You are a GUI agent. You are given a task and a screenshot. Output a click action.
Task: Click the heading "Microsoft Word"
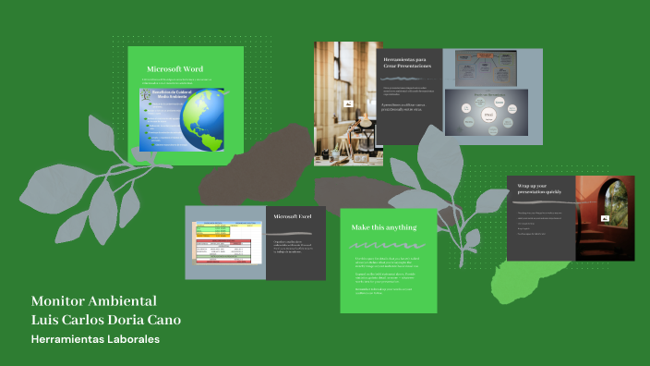(x=175, y=69)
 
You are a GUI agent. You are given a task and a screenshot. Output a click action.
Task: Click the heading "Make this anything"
(x=384, y=227)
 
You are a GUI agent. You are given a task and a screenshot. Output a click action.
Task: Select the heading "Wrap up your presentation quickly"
(x=539, y=189)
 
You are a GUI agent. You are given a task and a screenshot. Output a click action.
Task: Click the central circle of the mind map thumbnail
(x=488, y=116)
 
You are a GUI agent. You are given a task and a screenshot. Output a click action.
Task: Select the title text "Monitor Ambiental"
(x=94, y=301)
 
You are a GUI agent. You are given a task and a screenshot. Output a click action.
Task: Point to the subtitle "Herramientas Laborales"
(x=96, y=340)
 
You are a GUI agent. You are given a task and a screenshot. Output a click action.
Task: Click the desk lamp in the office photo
(x=355, y=129)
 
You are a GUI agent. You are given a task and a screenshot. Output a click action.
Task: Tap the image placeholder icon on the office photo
(x=347, y=105)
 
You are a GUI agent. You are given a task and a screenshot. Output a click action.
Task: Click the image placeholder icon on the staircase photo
(x=605, y=219)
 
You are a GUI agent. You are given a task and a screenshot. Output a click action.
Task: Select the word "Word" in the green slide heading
(x=193, y=69)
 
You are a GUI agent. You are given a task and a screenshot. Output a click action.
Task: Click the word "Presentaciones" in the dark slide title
(x=412, y=67)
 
